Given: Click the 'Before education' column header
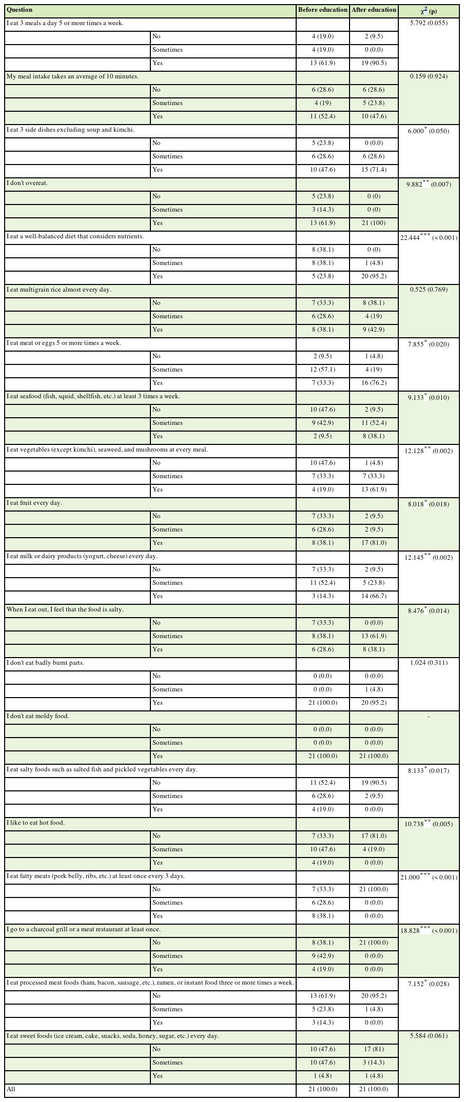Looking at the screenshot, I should [x=323, y=10].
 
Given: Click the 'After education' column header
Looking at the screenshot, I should [x=374, y=10].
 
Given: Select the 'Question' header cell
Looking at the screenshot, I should [x=20, y=10].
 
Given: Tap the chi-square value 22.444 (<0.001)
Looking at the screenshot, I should [x=429, y=237].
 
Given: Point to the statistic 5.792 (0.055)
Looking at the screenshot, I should [x=429, y=23].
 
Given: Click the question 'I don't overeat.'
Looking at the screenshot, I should [x=27, y=183].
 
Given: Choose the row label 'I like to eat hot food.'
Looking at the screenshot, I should [x=36, y=823].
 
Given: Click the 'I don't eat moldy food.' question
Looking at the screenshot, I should [x=38, y=716].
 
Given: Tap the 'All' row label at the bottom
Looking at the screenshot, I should [x=11, y=1089].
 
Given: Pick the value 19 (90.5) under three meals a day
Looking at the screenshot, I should [x=374, y=63].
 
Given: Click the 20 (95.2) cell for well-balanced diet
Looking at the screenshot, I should [x=374, y=276].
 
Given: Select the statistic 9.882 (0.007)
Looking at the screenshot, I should [x=429, y=183].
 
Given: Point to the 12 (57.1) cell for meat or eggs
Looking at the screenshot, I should [x=323, y=370].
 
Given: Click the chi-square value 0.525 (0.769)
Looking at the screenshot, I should [x=429, y=290].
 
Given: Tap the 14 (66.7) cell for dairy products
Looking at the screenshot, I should [x=374, y=596].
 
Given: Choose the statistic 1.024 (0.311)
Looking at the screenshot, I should [x=429, y=663].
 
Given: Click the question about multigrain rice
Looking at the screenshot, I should [x=59, y=290].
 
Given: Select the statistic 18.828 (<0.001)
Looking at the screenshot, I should [x=429, y=930].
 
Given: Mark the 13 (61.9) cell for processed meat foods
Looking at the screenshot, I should [x=323, y=996].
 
